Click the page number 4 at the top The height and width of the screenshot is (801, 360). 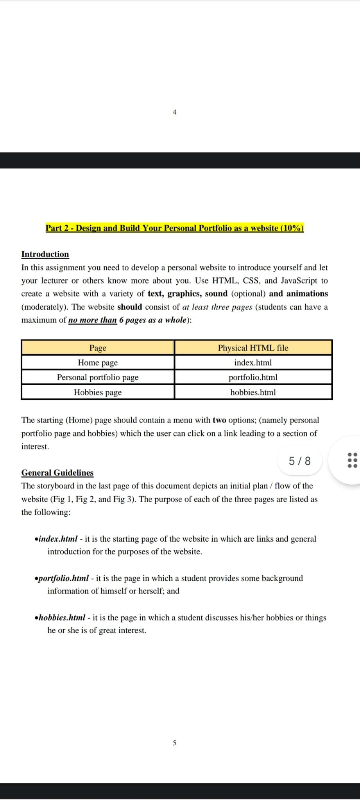pos(174,112)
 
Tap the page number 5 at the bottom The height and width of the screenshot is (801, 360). pos(174,742)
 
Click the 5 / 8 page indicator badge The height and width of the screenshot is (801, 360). pos(299,461)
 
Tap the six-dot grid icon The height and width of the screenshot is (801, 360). pos(352,460)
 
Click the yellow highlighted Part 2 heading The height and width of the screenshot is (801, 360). pos(174,228)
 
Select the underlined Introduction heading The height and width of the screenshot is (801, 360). pos(45,254)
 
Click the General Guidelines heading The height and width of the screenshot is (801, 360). pos(57,472)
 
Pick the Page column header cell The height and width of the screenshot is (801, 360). pos(98,348)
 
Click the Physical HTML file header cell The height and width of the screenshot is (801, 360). pos(253,348)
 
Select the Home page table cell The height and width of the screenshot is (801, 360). pos(98,363)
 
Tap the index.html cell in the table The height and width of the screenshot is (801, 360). pos(253,363)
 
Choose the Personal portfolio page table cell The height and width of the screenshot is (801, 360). pos(98,377)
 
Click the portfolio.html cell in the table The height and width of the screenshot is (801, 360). pos(253,377)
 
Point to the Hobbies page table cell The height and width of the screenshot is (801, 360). pos(98,392)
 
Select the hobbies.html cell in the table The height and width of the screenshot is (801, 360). pos(253,392)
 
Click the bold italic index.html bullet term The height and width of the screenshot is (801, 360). pos(58,539)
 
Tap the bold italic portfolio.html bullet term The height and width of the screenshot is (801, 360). pos(64,578)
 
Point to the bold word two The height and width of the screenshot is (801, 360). pos(219,420)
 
